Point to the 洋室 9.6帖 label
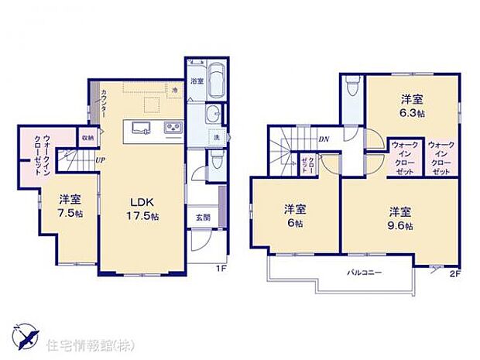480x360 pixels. [400, 218]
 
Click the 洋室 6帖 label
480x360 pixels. [293, 214]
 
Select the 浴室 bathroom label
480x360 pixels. [197, 81]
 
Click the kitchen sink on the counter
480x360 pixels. [142, 127]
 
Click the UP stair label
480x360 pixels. [100, 160]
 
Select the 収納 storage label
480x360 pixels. [87, 138]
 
